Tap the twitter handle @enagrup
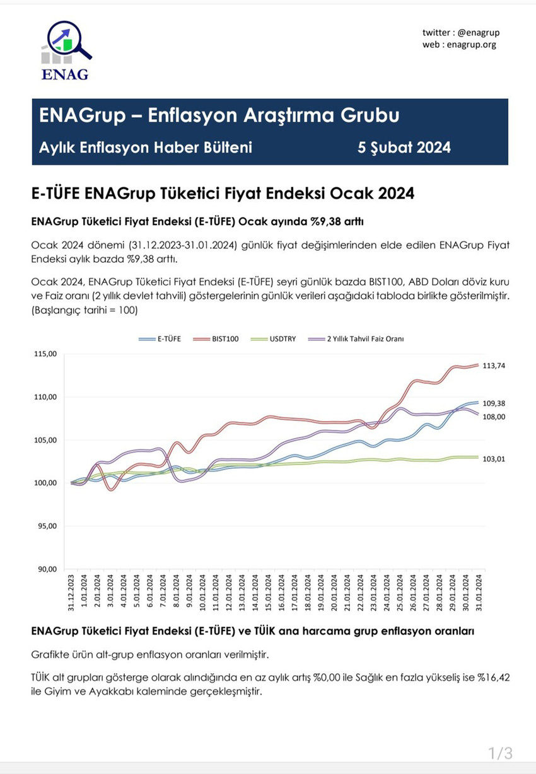coord(477,33)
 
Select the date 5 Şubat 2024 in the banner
coord(404,147)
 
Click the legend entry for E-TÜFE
coord(160,338)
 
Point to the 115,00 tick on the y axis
coord(45,354)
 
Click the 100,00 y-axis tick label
coord(45,483)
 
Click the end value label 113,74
coord(494,366)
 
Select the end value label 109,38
coord(494,403)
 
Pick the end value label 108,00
coord(494,417)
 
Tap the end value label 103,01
coord(494,459)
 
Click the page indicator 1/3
coord(500,753)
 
